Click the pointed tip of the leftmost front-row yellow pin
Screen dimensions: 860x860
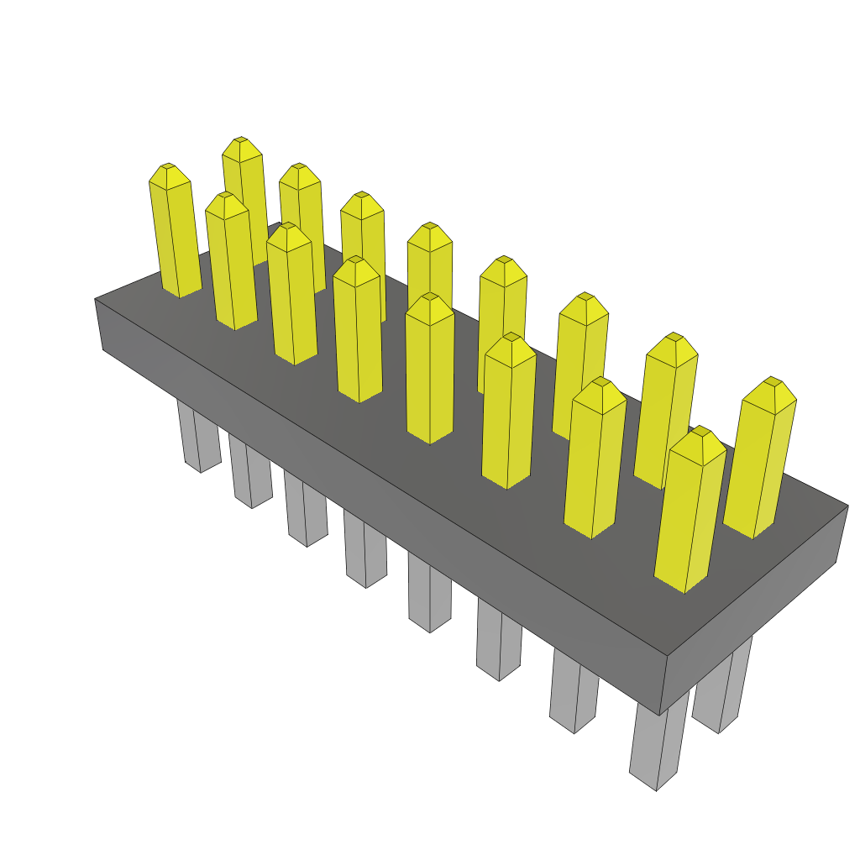(169, 165)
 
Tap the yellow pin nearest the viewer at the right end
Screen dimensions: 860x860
(689, 512)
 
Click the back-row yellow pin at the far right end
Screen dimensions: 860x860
(761, 458)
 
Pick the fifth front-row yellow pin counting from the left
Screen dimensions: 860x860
(429, 370)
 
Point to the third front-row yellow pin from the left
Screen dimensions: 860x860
(291, 294)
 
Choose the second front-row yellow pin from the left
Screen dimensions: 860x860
(231, 260)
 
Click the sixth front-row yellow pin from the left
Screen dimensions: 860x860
(509, 412)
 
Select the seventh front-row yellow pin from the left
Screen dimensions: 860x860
(595, 458)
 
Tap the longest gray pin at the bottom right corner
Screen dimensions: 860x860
(658, 747)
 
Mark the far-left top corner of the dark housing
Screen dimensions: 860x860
(95, 299)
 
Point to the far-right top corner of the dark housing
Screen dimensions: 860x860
(847, 506)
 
